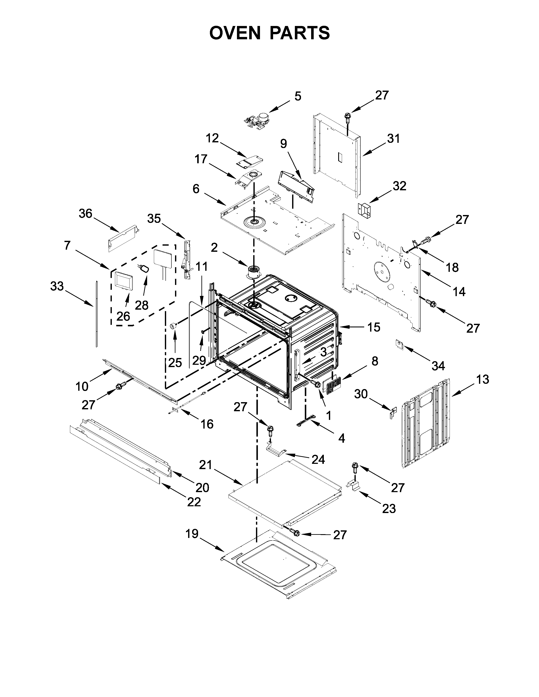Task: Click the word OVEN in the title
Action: click(235, 33)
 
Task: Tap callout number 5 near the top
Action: click(298, 96)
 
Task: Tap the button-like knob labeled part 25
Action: click(173, 326)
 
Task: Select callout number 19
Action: click(192, 534)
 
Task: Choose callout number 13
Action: click(483, 380)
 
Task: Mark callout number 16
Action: click(207, 424)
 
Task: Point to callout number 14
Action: click(459, 291)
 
